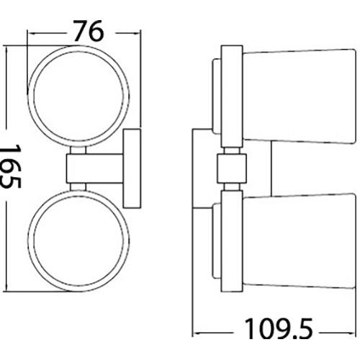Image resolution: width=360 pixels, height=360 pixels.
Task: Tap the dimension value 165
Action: click(x=11, y=165)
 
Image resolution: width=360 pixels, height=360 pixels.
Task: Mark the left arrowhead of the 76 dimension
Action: click(x=31, y=32)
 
